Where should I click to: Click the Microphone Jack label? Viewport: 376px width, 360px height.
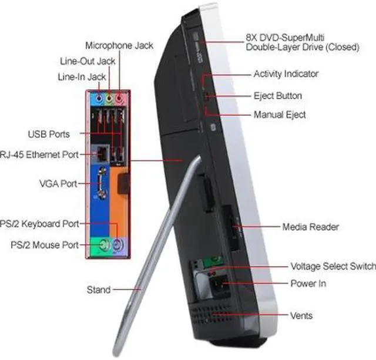coord(119,45)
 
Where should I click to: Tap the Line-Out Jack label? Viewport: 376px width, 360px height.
coord(88,61)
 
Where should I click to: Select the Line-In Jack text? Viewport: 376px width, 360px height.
coord(82,77)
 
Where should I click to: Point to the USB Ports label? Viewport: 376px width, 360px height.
coord(48,134)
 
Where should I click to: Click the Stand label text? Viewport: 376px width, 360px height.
coord(98,290)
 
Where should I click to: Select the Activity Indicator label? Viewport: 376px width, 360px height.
coord(286,74)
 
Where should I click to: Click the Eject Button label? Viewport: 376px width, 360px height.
coord(278,96)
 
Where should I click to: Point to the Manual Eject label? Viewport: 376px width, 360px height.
coord(280,115)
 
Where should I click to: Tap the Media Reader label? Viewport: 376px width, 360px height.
coord(310,227)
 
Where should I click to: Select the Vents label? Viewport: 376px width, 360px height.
coord(301,315)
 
